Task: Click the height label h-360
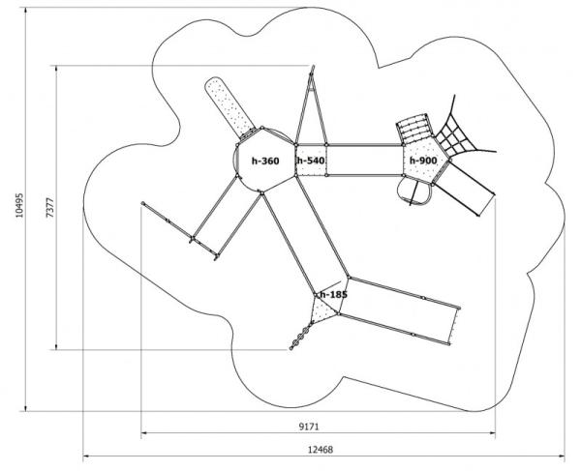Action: pyautogui.click(x=264, y=160)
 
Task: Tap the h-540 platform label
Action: pyautogui.click(x=311, y=160)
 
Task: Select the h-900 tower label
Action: pyautogui.click(x=423, y=160)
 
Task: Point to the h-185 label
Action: pyautogui.click(x=333, y=292)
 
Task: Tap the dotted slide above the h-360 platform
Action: pyautogui.click(x=229, y=105)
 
